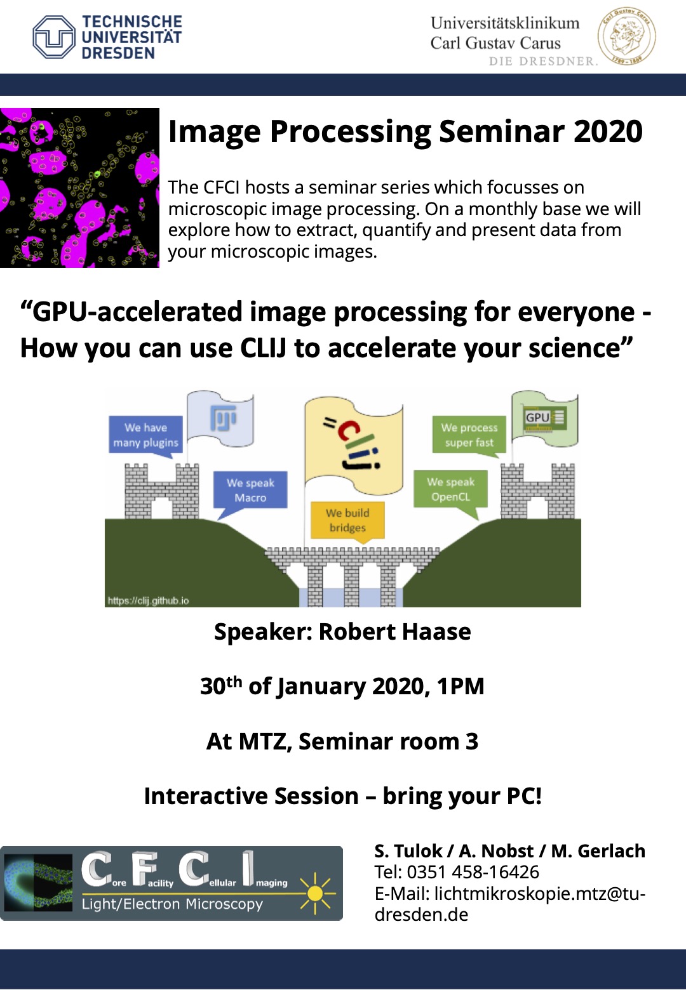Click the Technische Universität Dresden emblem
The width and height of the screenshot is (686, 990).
pos(53,37)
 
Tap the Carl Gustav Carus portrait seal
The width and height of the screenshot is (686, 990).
pos(626,36)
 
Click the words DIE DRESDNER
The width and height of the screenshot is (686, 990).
pos(542,61)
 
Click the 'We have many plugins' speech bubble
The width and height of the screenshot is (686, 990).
pos(145,436)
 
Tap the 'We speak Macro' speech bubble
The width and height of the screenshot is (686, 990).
pos(250,491)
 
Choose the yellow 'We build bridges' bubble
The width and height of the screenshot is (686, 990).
pos(347,521)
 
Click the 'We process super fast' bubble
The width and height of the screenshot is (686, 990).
pos(469,435)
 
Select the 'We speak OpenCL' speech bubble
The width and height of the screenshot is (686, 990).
pos(450,491)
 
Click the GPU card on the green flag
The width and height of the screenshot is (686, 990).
pos(545,418)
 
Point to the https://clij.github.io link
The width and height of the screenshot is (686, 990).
pos(148,600)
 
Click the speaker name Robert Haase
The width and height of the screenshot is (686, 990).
pos(394,631)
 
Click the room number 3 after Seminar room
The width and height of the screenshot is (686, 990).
pos(472,741)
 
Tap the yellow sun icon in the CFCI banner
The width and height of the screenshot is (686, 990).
pos(315,894)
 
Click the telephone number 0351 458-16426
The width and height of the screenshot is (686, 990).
pos(473,872)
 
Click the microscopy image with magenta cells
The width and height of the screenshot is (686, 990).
pos(79,188)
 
